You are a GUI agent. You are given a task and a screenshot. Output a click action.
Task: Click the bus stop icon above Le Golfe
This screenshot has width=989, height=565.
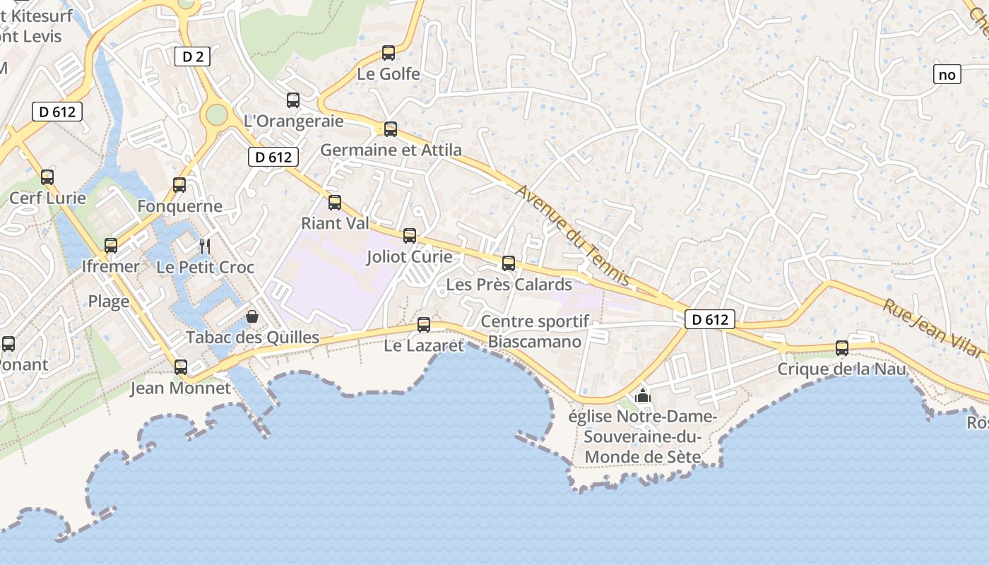pos(389,52)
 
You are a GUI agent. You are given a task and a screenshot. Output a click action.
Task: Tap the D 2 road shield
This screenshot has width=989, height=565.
pos(192,56)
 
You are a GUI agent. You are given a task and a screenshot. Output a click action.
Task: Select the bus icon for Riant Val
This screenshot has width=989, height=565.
pos(335,203)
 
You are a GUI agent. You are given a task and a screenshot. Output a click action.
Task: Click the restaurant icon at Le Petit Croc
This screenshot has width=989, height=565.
pos(205,246)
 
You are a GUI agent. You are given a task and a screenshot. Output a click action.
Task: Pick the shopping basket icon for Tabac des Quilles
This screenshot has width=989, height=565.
pos(251,316)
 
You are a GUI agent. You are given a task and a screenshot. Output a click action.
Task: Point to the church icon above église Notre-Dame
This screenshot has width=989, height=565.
pos(642,395)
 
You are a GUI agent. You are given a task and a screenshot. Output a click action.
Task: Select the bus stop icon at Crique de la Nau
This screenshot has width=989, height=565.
pos(841,347)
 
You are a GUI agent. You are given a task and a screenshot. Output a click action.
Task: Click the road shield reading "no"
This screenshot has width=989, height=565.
pos(947,74)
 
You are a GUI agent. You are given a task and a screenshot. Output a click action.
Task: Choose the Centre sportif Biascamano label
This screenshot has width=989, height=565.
pos(535,332)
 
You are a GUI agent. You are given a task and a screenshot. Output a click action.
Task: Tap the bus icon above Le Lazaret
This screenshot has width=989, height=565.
pos(424,325)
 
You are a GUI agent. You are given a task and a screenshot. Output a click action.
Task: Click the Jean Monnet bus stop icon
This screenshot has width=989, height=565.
pos(181,367)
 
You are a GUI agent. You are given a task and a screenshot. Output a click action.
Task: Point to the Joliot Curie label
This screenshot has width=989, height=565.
pos(409,256)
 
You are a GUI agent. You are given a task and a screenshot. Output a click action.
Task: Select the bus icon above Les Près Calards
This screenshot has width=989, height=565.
pos(509,263)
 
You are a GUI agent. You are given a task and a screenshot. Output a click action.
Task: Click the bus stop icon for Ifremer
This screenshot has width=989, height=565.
pos(111,246)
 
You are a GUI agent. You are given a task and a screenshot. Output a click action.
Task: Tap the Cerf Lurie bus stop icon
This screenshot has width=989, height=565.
pos(47,177)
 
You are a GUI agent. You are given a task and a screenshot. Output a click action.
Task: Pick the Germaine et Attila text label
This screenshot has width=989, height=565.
pos(391,150)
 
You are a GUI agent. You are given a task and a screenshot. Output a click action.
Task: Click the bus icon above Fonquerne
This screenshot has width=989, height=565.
pos(179,185)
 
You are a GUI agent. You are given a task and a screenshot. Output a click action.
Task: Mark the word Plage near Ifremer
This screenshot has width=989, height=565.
pos(109,302)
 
